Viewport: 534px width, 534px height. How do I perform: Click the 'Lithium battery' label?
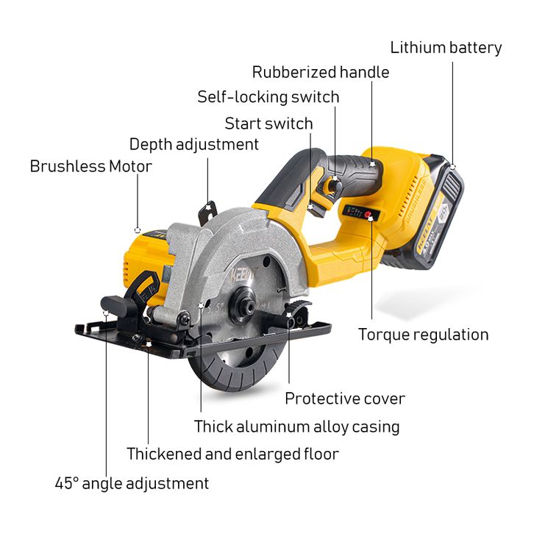[x=446, y=49]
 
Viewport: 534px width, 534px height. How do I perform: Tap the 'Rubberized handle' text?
[x=321, y=72]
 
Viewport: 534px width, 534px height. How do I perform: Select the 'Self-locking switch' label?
[x=268, y=97]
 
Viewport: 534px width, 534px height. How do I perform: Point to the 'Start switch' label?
[x=268, y=123]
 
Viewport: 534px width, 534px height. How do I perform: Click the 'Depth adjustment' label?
[x=194, y=144]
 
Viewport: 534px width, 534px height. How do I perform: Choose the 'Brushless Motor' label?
[x=90, y=166]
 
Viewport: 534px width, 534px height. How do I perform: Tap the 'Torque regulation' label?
[x=423, y=335]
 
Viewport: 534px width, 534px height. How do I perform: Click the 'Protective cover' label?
[x=345, y=399]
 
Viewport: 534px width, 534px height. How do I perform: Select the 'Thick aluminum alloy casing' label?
[x=297, y=426]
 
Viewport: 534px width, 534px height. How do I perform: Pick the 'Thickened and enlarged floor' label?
[x=232, y=454]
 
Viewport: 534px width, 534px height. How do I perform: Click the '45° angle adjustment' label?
[x=132, y=483]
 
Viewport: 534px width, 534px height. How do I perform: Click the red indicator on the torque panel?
[x=370, y=216]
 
